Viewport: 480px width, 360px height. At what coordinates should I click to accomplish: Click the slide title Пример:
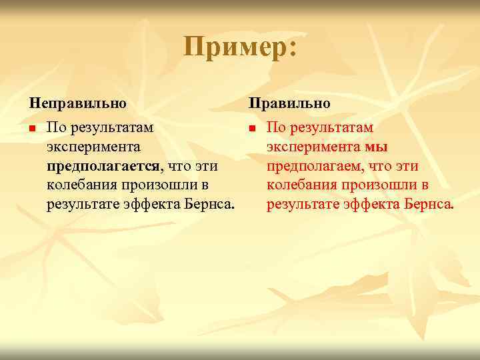tap(240, 48)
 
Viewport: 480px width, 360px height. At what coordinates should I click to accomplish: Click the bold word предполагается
tap(103, 165)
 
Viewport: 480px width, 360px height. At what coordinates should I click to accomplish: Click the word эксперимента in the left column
tap(93, 146)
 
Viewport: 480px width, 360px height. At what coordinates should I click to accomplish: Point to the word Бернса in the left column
tap(210, 203)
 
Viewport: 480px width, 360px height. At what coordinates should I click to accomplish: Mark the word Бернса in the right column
tap(429, 203)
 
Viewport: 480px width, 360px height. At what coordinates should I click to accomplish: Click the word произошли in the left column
tap(154, 184)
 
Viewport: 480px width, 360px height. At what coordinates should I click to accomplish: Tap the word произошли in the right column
tap(373, 184)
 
